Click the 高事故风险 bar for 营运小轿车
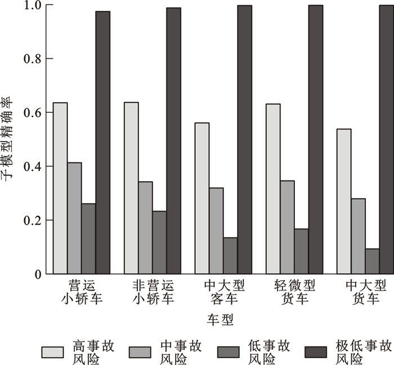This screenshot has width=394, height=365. [60, 188]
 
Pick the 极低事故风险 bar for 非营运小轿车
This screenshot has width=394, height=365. [173, 141]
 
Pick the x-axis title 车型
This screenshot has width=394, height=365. [221, 320]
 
